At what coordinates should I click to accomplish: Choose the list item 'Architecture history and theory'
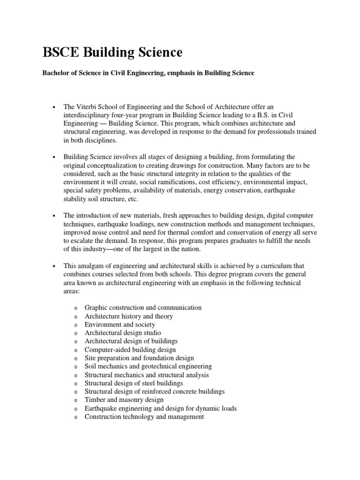tap(128, 316)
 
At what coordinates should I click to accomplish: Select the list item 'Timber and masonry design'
tap(124, 400)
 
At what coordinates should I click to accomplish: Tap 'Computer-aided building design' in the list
tap(130, 350)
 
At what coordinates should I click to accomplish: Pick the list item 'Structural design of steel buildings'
tap(134, 383)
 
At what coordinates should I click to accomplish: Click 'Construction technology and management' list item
tap(144, 417)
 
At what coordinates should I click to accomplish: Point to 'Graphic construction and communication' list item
tap(143, 308)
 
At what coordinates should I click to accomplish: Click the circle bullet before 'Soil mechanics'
tap(75, 367)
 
